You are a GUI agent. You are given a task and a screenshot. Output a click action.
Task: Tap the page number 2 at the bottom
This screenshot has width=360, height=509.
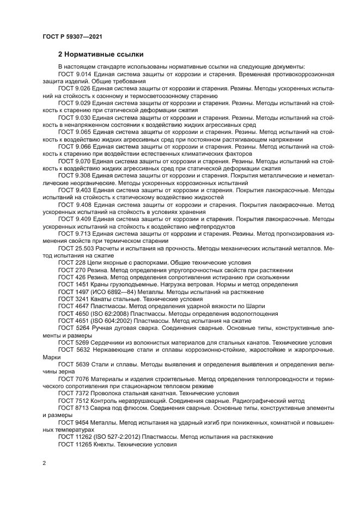[x=44, y=463]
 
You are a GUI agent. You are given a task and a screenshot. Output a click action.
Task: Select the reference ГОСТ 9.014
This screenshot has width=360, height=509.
[x=75, y=73]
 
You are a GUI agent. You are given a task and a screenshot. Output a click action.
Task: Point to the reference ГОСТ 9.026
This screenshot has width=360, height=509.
[x=75, y=88]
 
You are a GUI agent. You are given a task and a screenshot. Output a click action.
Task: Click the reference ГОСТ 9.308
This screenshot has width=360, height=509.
[x=75, y=176]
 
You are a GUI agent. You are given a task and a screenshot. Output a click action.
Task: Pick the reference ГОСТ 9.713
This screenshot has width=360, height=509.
[x=75, y=233]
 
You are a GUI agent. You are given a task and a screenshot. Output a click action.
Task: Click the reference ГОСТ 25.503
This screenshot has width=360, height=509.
[x=77, y=248]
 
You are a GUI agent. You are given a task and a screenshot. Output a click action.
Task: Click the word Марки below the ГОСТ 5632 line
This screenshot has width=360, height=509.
[x=50, y=358]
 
